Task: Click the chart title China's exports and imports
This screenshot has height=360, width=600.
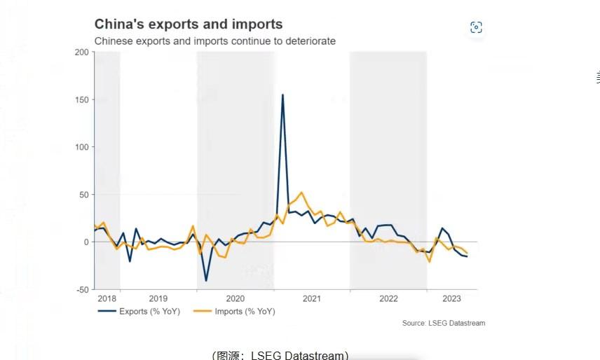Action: (x=189, y=25)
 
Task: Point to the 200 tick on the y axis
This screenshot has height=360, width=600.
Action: (x=81, y=53)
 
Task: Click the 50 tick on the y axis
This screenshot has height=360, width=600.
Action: (x=83, y=195)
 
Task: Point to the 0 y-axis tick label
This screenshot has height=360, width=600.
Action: (x=86, y=242)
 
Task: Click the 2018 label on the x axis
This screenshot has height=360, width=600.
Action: (x=107, y=298)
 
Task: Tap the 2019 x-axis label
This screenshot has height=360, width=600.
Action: (x=158, y=298)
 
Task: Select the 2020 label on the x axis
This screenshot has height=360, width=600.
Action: (x=235, y=298)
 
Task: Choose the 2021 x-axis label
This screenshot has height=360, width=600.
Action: (x=312, y=298)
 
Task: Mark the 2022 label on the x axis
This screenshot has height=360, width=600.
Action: (x=388, y=298)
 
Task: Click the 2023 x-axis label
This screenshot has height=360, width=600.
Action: (x=452, y=298)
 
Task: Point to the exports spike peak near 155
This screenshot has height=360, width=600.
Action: (x=282, y=95)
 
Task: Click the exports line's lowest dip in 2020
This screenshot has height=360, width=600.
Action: (x=206, y=281)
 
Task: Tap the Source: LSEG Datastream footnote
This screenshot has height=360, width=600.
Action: (x=443, y=323)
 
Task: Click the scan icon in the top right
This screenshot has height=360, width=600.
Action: (x=477, y=27)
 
